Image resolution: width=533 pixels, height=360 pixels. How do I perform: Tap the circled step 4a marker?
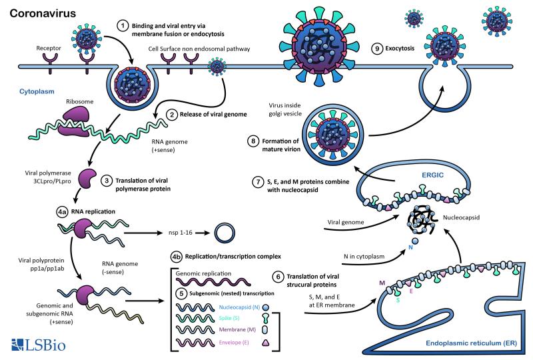coord(62,211)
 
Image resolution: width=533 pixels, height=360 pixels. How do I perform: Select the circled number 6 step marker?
coord(279,276)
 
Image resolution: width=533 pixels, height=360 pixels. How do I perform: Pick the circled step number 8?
coord(253,141)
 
